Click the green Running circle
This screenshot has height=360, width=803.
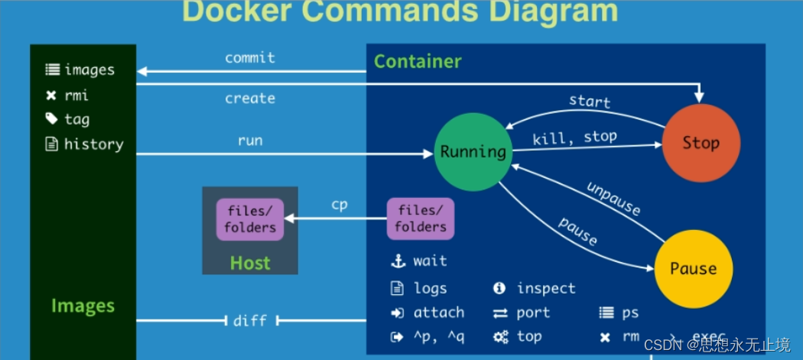click(x=473, y=151)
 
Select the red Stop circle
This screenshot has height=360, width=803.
click(x=701, y=143)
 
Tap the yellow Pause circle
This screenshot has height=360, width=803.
click(x=693, y=268)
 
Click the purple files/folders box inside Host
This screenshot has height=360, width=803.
click(x=250, y=219)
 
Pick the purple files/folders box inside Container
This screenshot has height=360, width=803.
click(x=421, y=219)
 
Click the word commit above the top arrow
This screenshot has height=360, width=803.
click(x=250, y=58)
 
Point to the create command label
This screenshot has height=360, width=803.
click(x=250, y=99)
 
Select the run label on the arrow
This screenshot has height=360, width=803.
click(x=250, y=140)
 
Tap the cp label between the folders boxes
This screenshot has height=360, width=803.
click(x=340, y=205)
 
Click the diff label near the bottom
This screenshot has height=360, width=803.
click(x=250, y=321)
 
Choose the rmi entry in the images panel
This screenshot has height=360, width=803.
click(x=76, y=96)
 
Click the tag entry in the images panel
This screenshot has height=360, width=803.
click(x=76, y=119)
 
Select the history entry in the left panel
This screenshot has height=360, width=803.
click(x=93, y=144)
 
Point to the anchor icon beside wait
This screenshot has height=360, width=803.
click(x=398, y=261)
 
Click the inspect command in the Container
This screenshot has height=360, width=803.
click(x=546, y=288)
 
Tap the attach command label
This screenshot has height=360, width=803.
click(x=438, y=313)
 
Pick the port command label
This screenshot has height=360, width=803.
click(x=533, y=313)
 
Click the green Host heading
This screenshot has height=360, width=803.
click(x=250, y=264)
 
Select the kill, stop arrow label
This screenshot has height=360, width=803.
click(x=574, y=138)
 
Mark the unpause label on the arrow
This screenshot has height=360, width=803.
click(x=613, y=199)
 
